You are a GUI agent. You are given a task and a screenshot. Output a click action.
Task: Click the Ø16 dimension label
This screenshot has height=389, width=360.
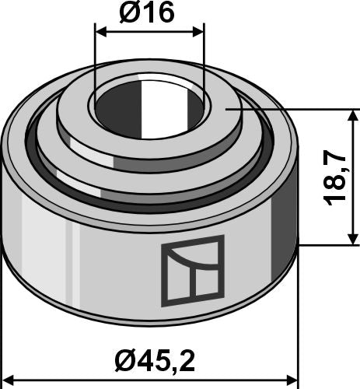tap(149, 13)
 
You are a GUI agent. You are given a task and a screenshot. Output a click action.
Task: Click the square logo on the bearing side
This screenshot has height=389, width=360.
tap(191, 270)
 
